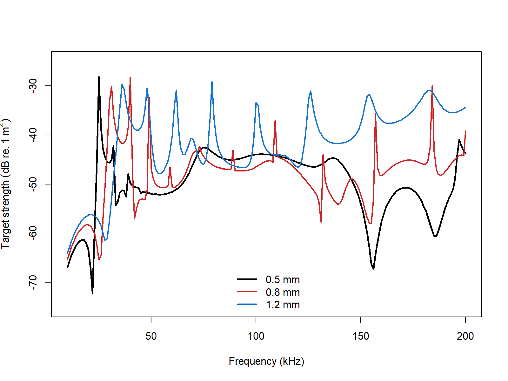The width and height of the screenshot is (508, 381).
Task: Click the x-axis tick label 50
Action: click(x=151, y=336)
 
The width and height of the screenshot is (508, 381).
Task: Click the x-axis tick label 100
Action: click(x=256, y=336)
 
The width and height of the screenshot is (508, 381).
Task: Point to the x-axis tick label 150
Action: click(x=361, y=336)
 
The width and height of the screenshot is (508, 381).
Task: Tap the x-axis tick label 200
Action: click(x=465, y=336)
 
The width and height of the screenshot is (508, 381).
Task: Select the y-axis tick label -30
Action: click(x=33, y=86)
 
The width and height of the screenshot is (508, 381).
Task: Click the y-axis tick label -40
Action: click(x=33, y=135)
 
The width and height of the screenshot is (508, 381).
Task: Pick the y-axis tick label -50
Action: click(x=33, y=184)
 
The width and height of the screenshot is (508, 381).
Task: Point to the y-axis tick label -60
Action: click(x=33, y=233)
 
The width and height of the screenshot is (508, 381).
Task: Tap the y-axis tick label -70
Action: click(x=33, y=282)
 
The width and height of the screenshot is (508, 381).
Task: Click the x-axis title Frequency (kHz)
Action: click(x=266, y=361)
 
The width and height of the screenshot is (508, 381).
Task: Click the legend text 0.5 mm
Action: click(x=283, y=280)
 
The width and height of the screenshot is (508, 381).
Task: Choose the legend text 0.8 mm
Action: click(x=283, y=292)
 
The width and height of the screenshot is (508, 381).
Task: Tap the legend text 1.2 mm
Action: click(x=283, y=305)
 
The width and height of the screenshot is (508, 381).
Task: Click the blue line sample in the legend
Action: click(x=247, y=304)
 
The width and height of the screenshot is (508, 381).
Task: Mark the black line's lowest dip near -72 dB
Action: click(x=92, y=293)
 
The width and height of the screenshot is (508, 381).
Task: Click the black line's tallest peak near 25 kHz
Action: click(x=99, y=77)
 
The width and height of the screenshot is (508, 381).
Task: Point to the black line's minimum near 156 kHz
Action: click(x=373, y=269)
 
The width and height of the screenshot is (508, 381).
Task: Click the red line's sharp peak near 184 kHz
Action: click(x=432, y=86)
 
